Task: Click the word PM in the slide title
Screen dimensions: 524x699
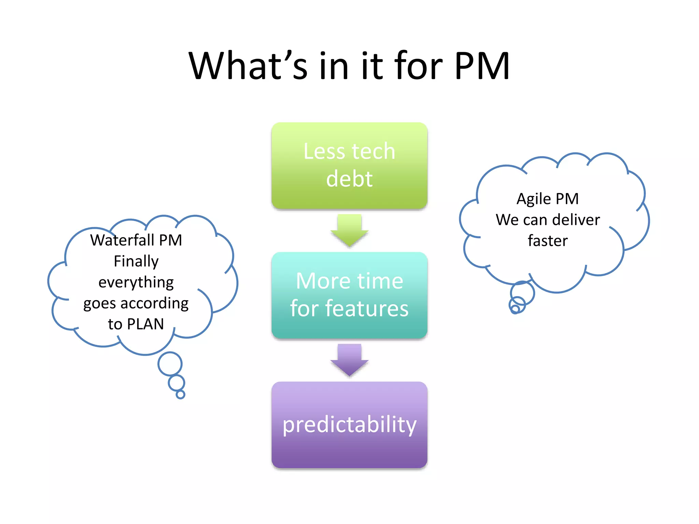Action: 482,66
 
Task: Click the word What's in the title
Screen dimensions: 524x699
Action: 248,66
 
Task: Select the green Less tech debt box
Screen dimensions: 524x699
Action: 349,165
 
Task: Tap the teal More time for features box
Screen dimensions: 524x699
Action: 349,295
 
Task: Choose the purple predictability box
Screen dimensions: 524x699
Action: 349,425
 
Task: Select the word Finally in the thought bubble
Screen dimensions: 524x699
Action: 136,262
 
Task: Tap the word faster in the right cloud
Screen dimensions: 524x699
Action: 547,241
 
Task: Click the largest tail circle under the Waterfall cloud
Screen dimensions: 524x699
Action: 170,364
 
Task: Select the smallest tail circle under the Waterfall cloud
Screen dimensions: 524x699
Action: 180,395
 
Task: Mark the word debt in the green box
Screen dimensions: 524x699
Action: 349,179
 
